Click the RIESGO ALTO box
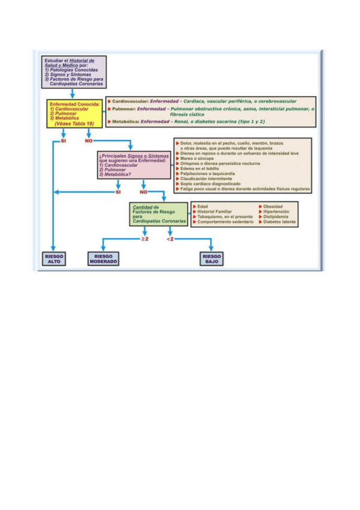(54, 259)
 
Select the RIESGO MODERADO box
(103, 259)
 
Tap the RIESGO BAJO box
(212, 259)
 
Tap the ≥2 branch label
(144, 240)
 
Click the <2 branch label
(170, 240)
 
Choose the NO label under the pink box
(144, 192)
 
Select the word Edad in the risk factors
(203, 207)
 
